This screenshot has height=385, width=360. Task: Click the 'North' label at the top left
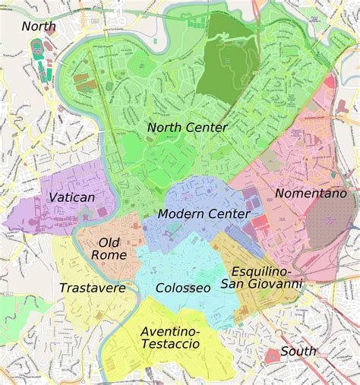point(39,27)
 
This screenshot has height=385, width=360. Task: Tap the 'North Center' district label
point(187,128)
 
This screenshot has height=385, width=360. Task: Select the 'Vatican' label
point(71,197)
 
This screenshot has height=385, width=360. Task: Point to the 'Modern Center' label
point(204,214)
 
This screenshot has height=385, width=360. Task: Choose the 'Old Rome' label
point(109,248)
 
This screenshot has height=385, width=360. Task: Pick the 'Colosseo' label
point(182,288)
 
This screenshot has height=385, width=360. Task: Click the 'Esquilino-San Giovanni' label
point(261,277)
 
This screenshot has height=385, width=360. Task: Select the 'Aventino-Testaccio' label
point(170,337)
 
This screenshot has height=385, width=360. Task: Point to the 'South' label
point(298,351)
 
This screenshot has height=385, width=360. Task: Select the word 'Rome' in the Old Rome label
point(109,255)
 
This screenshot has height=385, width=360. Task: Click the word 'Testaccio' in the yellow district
point(170,344)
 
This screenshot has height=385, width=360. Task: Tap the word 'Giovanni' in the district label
point(279,284)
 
